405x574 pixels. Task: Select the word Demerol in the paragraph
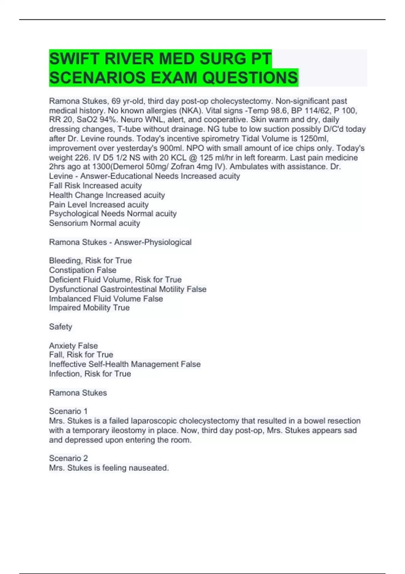[129, 167]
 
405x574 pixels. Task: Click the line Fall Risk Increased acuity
[95, 186]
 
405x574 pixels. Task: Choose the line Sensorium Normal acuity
[94, 223]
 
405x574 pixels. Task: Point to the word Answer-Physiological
[153, 242]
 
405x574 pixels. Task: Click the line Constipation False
[83, 270]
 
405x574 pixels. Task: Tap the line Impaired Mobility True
[89, 308]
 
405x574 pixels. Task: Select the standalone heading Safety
[60, 327]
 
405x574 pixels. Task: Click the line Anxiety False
[73, 346]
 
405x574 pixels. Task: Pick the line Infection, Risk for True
[90, 374]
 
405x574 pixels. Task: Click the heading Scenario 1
[68, 411]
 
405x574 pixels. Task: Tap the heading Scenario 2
[68, 458]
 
